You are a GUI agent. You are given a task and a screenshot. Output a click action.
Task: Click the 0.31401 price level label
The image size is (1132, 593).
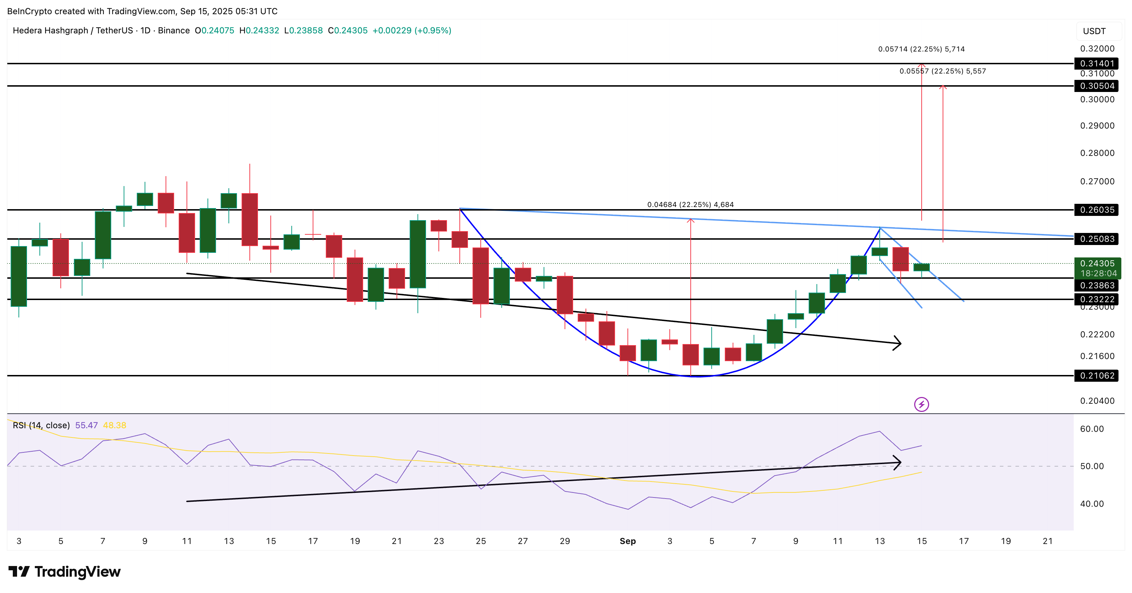(1097, 64)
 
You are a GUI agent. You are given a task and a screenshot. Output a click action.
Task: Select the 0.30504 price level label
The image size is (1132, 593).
(1097, 86)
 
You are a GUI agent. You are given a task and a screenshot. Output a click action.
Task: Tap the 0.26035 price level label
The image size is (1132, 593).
(1097, 210)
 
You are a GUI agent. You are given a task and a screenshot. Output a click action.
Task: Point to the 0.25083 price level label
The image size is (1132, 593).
(1097, 239)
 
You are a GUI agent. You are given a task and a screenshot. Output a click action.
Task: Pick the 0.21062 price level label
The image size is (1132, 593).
(1097, 376)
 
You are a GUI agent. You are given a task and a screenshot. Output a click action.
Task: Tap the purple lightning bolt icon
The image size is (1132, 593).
(921, 404)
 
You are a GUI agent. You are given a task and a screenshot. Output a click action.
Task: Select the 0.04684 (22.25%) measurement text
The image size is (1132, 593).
(690, 205)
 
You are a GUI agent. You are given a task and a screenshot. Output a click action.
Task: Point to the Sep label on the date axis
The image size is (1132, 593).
(627, 541)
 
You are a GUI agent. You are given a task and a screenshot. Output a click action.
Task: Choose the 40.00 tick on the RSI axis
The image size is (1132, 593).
(1091, 504)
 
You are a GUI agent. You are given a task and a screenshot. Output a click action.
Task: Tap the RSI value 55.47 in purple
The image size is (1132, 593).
(86, 425)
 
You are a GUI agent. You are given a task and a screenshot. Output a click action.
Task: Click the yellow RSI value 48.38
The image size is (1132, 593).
(114, 425)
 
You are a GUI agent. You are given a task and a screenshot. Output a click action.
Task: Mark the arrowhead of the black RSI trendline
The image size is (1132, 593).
(899, 462)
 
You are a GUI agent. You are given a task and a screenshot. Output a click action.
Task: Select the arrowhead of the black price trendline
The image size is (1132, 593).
(899, 343)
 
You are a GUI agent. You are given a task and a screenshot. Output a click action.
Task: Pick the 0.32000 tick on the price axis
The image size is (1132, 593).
(1097, 49)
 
